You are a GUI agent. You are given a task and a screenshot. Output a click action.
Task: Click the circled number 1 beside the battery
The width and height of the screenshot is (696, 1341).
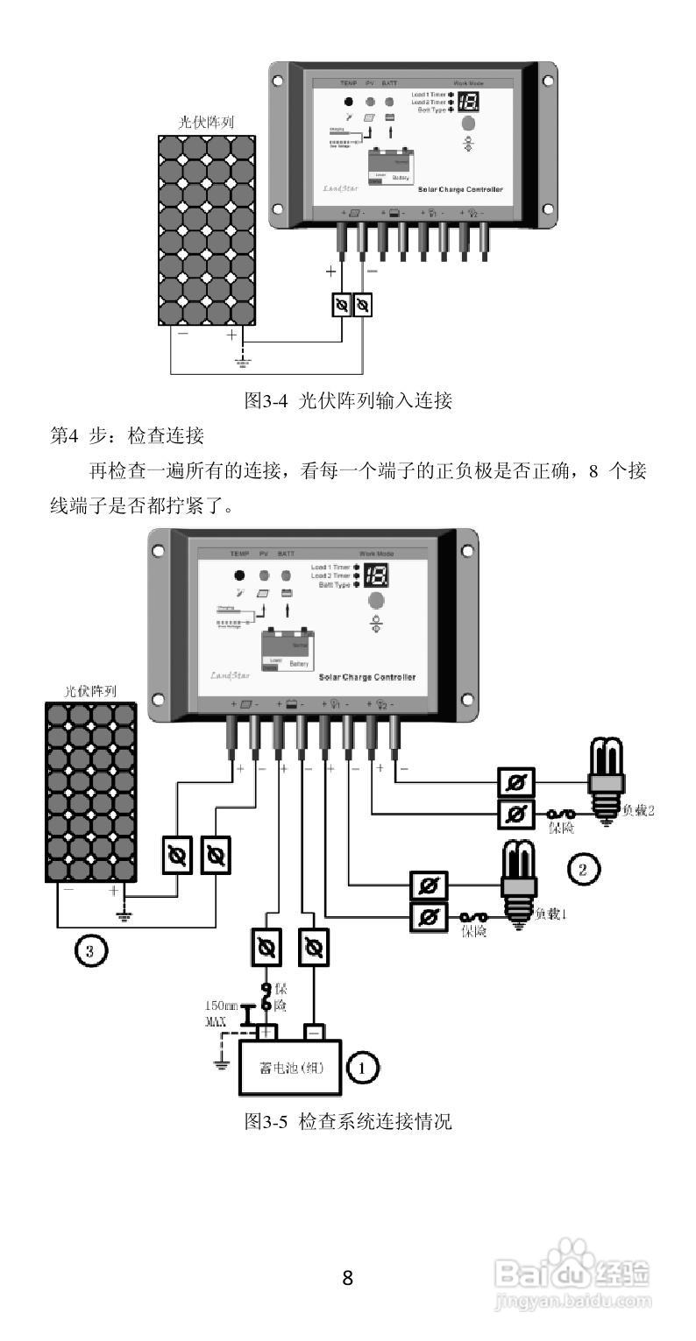pyautogui.click(x=363, y=1067)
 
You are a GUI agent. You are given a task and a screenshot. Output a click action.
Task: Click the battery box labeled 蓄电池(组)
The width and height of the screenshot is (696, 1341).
pyautogui.click(x=289, y=1067)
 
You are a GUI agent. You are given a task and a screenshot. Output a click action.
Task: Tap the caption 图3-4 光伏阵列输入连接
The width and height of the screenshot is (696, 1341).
pyautogui.click(x=347, y=401)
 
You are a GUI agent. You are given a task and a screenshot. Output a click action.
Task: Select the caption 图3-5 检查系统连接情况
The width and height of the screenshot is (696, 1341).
pyautogui.click(x=347, y=1121)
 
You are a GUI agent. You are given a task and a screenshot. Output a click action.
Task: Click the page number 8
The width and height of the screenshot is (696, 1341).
pyautogui.click(x=347, y=1278)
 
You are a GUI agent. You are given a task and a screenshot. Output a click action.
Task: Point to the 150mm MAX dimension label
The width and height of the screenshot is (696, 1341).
pyautogui.click(x=220, y=1013)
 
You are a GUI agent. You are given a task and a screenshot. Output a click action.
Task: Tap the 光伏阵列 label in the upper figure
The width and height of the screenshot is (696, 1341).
pyautogui.click(x=206, y=123)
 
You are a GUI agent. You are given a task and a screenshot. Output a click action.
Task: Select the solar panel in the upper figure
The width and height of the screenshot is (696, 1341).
pyautogui.click(x=207, y=230)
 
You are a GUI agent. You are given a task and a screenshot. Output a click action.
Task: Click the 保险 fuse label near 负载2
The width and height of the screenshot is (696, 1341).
pyautogui.click(x=562, y=828)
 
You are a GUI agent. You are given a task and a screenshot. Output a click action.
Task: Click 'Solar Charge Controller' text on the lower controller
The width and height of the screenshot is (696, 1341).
pyautogui.click(x=367, y=677)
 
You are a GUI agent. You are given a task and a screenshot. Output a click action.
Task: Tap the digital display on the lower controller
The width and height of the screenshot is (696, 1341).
pyautogui.click(x=377, y=575)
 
